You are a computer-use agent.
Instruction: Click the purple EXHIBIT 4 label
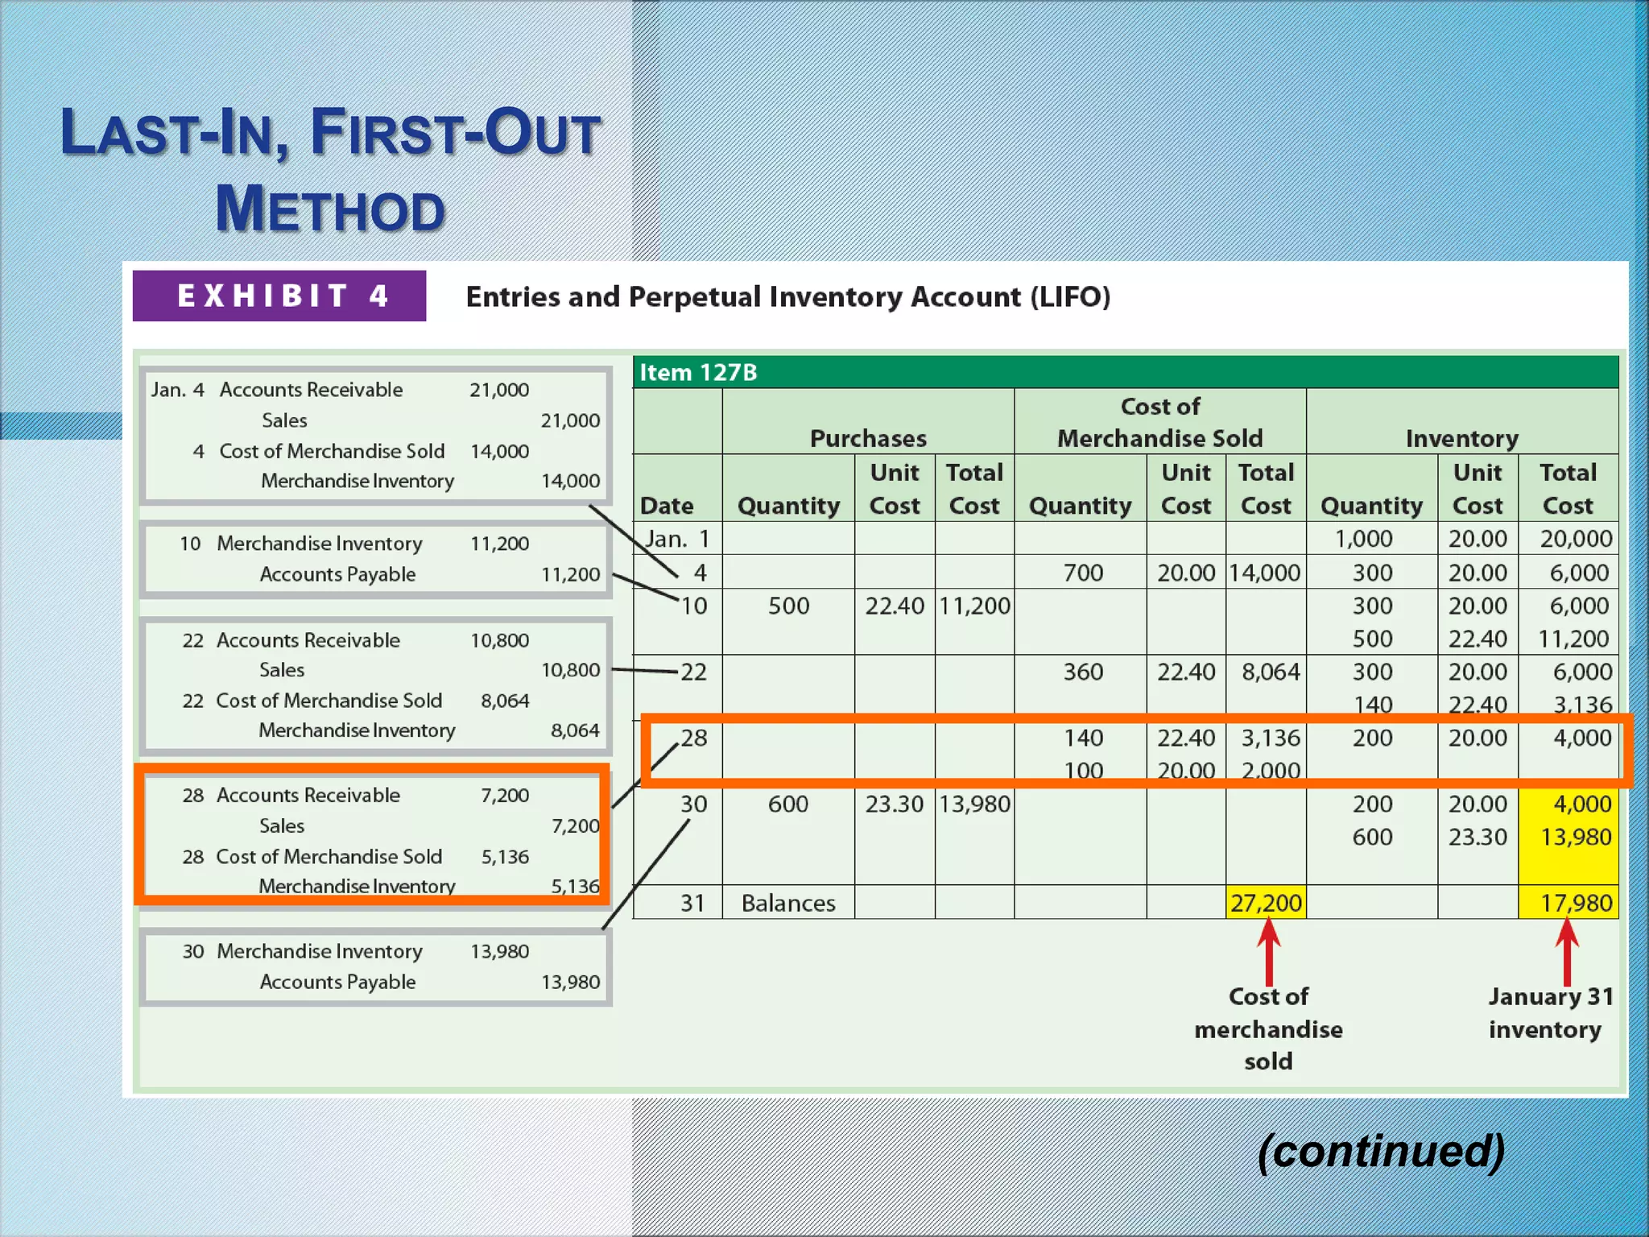(279, 296)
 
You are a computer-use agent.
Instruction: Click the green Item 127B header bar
(1126, 372)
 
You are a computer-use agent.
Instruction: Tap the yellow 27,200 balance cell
(1266, 903)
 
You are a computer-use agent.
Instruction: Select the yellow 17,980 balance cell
(1568, 903)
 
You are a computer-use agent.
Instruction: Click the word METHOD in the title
(330, 209)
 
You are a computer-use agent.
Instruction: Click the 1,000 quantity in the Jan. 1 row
(1364, 539)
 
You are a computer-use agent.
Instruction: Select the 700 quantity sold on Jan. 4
(1083, 573)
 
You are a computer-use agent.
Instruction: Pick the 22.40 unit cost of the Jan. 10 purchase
(895, 606)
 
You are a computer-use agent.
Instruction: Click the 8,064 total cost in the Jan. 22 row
(1270, 672)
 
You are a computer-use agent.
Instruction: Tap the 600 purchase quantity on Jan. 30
(787, 804)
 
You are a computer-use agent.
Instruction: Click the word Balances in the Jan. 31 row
(788, 903)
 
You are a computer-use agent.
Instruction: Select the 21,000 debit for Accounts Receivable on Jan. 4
(499, 390)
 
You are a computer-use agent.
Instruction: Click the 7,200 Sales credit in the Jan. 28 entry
(575, 825)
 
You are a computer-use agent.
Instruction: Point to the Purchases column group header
(868, 438)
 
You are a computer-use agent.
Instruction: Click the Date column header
(667, 506)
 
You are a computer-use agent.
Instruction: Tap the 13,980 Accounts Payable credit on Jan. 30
(570, 982)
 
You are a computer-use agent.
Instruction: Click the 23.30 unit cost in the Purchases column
(894, 804)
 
